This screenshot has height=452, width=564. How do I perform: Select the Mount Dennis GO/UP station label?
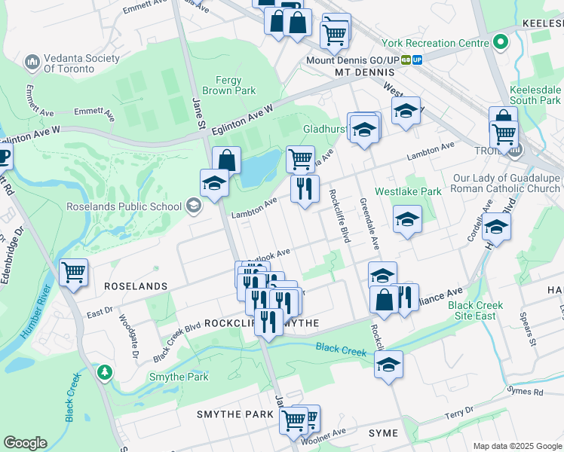point(352,60)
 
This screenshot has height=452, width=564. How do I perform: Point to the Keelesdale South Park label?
point(535,94)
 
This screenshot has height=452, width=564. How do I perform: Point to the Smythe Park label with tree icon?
point(157,377)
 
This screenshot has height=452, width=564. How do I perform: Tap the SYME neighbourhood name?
point(382,433)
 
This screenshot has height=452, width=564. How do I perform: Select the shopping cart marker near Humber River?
point(73,272)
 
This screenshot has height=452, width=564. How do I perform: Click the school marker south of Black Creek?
point(388,365)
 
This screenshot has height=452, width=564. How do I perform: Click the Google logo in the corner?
point(25,443)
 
